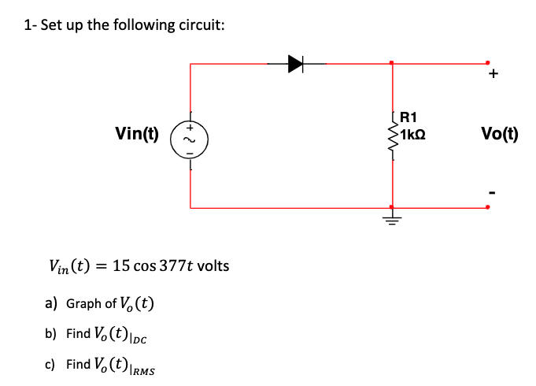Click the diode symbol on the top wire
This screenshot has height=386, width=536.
(297, 64)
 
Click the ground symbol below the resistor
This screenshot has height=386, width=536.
(392, 215)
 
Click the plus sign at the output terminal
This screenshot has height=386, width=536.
(493, 76)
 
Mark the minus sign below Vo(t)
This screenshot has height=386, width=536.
(493, 191)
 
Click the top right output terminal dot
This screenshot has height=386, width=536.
(487, 63)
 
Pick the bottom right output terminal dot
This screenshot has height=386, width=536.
(487, 208)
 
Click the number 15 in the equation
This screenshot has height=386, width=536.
(121, 265)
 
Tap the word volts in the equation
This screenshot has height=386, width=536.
(212, 265)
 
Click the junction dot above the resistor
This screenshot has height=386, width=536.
(392, 63)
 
